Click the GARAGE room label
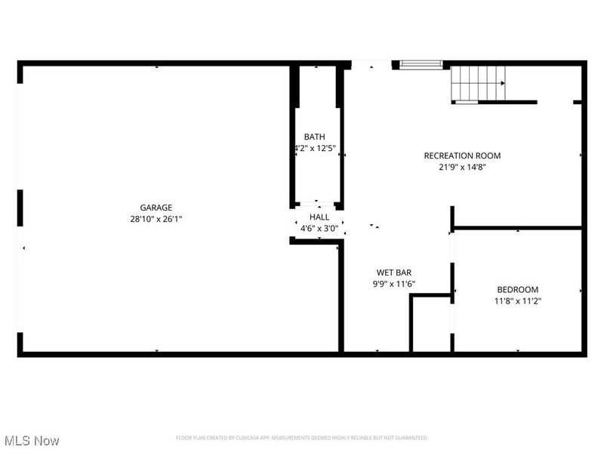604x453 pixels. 156,208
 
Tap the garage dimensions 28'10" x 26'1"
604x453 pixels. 156,219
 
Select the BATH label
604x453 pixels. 315,137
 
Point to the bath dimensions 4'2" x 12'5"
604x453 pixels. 315,149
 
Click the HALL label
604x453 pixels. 319,217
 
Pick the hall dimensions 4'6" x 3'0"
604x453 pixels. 319,228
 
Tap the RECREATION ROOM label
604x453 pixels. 462,156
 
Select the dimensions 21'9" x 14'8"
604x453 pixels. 462,168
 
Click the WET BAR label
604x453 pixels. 393,273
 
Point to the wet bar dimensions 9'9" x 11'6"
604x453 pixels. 393,285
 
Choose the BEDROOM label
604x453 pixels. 517,289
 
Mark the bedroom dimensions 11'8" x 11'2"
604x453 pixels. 517,301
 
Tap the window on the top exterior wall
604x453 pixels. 421,65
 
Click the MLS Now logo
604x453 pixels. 32,440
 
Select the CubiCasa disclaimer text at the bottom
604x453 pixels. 302,438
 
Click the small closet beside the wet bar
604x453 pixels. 431,325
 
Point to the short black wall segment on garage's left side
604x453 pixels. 20,208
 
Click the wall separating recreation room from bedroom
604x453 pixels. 518,226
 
